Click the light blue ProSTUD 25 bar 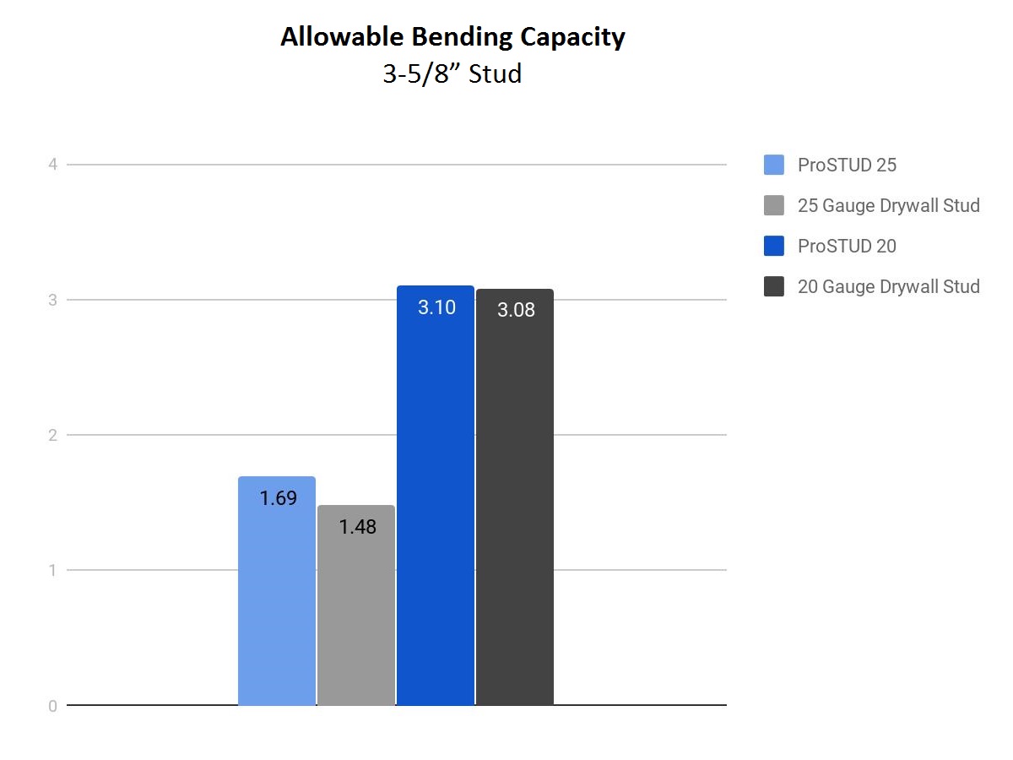pyautogui.click(x=276, y=590)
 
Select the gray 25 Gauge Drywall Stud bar pyautogui.click(x=356, y=605)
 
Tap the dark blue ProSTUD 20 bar pyautogui.click(x=436, y=495)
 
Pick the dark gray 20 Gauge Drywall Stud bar pyautogui.click(x=515, y=497)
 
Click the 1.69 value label pyautogui.click(x=278, y=498)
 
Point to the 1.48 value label pyautogui.click(x=358, y=527)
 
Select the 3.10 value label pyautogui.click(x=436, y=307)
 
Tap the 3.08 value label pyautogui.click(x=516, y=310)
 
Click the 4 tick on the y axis pyautogui.click(x=52, y=165)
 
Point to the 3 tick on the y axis pyautogui.click(x=52, y=300)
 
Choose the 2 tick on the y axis pyautogui.click(x=52, y=435)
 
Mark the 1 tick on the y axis pyautogui.click(x=52, y=570)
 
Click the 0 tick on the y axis pyautogui.click(x=52, y=706)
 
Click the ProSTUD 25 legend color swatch pyautogui.click(x=774, y=165)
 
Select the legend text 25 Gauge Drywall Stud pyautogui.click(x=888, y=206)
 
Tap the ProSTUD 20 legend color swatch pyautogui.click(x=774, y=246)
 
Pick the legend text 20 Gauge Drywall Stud pyautogui.click(x=888, y=287)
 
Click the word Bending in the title pyautogui.click(x=462, y=37)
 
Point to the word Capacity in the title pyautogui.click(x=572, y=37)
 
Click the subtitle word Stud pyautogui.click(x=495, y=73)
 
